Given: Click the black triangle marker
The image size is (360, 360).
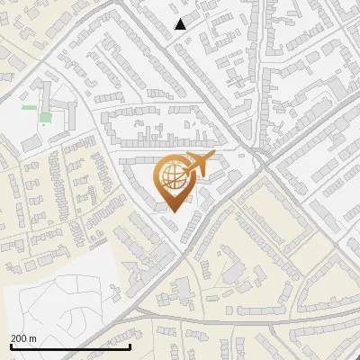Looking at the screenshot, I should coord(181,24).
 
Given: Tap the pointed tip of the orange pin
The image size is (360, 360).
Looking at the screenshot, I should coord(174,211).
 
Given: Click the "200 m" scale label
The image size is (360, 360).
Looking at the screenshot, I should coord(23,338).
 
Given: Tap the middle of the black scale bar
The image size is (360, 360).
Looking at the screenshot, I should coord(70,346).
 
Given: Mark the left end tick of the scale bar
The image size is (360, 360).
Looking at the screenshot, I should coord(11,346).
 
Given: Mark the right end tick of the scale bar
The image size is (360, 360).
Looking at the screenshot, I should coord(130,346).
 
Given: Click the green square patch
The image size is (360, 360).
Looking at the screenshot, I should coord(45,118).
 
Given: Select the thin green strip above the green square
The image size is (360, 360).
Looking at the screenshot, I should coord(30,108).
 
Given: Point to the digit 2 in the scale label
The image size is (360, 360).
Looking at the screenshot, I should coord(14,338).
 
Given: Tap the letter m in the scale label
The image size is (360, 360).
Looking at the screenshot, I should coord(32,338).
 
